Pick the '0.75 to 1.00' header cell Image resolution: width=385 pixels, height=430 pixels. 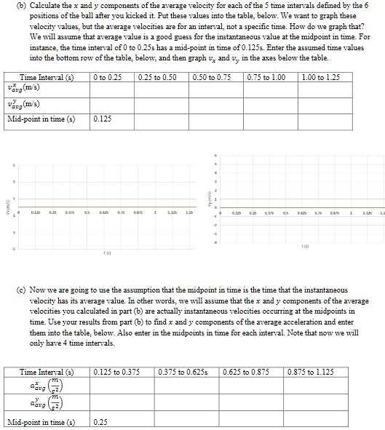266,77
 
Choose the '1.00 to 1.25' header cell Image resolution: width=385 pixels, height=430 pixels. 321,77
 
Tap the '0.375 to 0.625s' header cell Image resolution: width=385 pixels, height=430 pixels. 188,373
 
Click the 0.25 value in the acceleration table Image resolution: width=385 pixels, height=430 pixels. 101,422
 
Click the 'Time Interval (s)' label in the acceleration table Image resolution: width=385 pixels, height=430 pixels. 47,373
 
